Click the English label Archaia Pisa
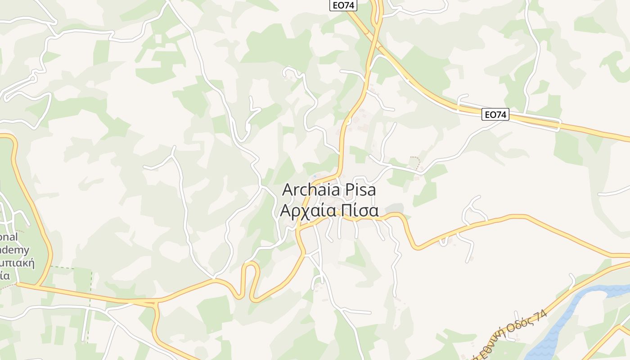click(x=328, y=190)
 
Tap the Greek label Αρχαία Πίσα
click(x=328, y=211)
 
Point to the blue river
click(x=567, y=315)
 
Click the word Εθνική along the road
click(x=488, y=349)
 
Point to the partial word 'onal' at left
click(x=9, y=237)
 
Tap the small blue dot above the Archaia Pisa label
click(x=314, y=176)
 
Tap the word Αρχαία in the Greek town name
click(x=308, y=211)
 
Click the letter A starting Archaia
click(x=288, y=190)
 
